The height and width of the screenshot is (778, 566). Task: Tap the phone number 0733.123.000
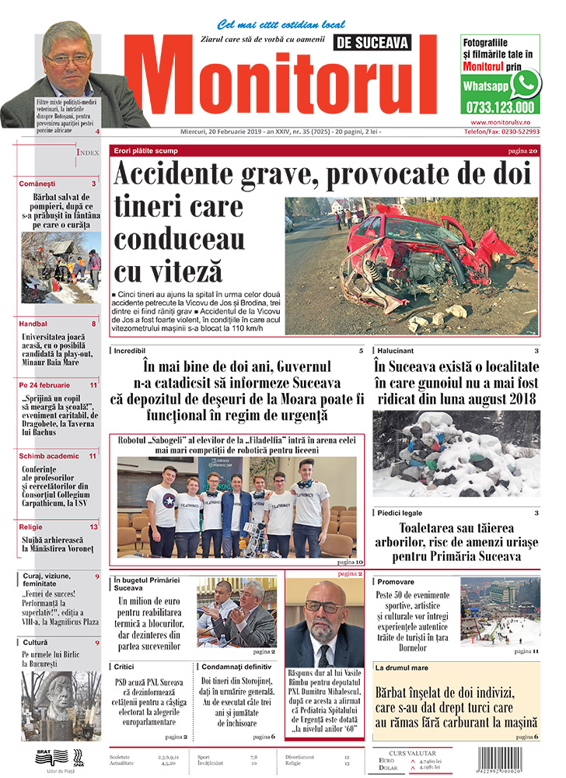pyautogui.click(x=500, y=107)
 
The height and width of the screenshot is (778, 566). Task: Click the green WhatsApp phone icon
pyautogui.click(x=525, y=83)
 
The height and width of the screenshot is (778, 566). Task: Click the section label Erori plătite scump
pyautogui.click(x=146, y=150)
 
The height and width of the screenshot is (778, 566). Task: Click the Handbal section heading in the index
pyautogui.click(x=34, y=324)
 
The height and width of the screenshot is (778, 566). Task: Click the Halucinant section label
pyautogui.click(x=400, y=352)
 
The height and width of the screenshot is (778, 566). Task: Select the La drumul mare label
pyautogui.click(x=404, y=668)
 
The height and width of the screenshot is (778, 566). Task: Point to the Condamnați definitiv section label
pyautogui.click(x=237, y=667)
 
